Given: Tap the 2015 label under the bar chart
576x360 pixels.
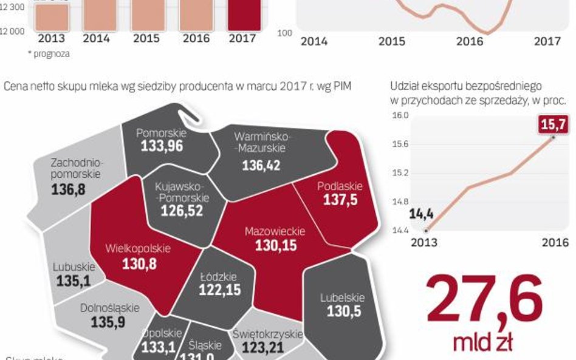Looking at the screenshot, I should coord(146,38).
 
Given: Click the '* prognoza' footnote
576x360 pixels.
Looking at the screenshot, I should coord(49,53).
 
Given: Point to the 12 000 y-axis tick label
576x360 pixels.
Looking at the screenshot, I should coord(12,31).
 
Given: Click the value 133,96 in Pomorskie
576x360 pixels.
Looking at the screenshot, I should coord(162,146).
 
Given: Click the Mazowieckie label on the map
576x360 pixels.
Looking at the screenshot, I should coord(275,231).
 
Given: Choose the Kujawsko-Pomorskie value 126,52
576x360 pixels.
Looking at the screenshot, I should coord(182,211).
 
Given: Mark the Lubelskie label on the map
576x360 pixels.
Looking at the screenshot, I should coord(342,297).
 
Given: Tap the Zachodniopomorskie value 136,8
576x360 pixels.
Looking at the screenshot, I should coord(69,190).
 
